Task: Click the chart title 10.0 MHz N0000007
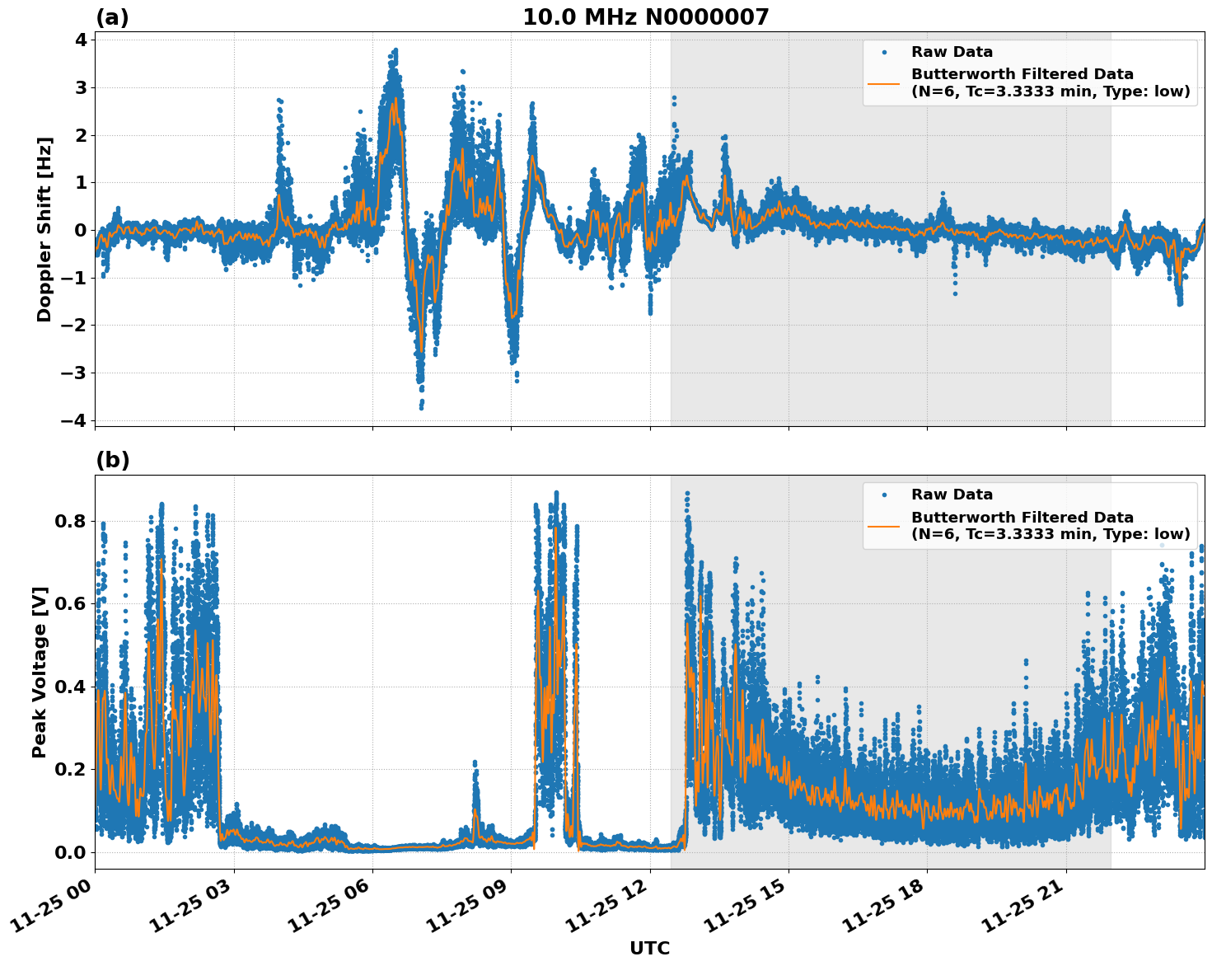click(x=645, y=17)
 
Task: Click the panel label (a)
click(x=112, y=17)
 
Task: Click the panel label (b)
click(x=112, y=460)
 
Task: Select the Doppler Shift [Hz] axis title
click(x=44, y=229)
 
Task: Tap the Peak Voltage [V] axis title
click(x=40, y=672)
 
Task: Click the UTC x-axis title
click(x=649, y=948)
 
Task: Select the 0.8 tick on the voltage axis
click(x=70, y=521)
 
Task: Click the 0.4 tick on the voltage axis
click(x=70, y=687)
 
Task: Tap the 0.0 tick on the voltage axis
click(x=70, y=852)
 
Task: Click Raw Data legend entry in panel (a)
click(x=952, y=52)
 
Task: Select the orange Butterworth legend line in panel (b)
click(x=884, y=526)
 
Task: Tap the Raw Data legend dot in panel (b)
click(x=884, y=495)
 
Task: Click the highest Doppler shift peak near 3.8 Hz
click(x=395, y=50)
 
